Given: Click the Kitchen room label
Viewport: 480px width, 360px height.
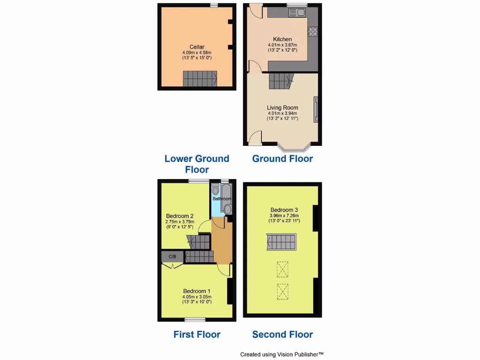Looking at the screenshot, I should coord(282,39).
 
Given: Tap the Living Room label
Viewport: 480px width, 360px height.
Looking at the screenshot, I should coord(282,108).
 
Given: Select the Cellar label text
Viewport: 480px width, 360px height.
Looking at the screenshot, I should coord(197,46).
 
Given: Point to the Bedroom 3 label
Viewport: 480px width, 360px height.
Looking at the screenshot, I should coord(284,210).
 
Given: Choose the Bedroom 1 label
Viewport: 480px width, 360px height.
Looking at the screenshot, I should coord(197,291).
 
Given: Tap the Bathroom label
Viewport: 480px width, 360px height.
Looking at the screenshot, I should coord(222,199).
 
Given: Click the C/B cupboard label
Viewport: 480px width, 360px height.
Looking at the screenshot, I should coord(172,256).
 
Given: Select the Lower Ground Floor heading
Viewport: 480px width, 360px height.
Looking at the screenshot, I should coord(197,164).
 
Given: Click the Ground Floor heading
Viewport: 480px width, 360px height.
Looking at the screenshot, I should coord(282,158).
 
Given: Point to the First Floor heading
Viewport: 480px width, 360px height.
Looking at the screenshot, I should coord(197,334).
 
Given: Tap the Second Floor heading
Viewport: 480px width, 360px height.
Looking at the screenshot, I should coord(282,334).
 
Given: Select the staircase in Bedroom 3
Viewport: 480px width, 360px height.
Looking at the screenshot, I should coord(282,242).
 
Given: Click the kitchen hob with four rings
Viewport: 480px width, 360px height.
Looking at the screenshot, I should coord(312,32).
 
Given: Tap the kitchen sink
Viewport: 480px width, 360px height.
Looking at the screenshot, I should coord(298,12).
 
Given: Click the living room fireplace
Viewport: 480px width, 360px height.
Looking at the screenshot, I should coord(316,109).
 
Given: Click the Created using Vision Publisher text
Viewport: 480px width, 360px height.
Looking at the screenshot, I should coord(282,354).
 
